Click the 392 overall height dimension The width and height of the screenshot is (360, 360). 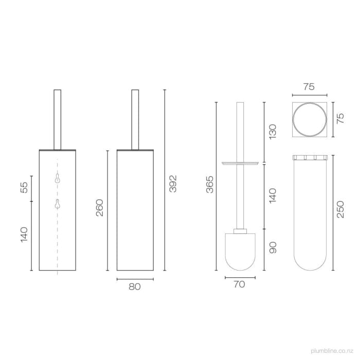pos(173,184)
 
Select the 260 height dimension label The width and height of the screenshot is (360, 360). pos(100,207)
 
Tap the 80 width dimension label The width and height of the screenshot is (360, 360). pos(134,287)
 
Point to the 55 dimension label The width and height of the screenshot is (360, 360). pos(24,188)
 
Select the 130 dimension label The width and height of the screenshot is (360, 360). pos(273,131)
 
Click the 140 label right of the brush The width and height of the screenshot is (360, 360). pos(273,195)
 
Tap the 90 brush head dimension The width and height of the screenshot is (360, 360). pos(273,248)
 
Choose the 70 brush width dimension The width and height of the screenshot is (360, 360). pos(239,283)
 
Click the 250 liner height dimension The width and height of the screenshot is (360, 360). pos(340,210)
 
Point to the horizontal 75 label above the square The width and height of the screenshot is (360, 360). pos(309,87)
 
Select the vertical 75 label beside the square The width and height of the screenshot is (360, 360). pos(340,119)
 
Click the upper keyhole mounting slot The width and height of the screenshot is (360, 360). pos(57,178)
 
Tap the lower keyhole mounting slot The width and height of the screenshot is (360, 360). pos(57,204)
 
